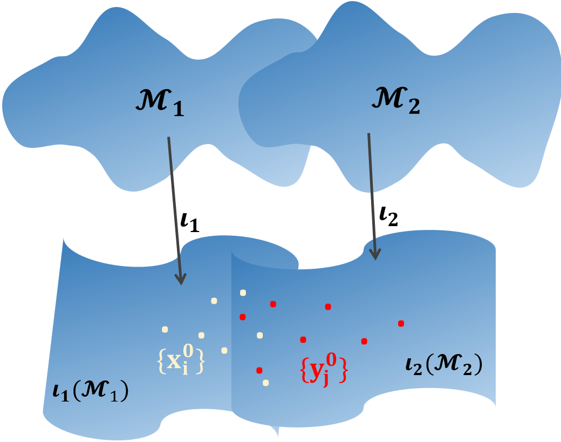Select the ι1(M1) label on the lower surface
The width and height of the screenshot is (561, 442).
pos(87,390)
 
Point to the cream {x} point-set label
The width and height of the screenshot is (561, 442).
pos(181,361)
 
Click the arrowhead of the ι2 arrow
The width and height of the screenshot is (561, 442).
pos(377,254)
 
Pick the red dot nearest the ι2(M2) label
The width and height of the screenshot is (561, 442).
pos(401,323)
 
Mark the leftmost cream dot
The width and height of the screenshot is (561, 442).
pos(165,329)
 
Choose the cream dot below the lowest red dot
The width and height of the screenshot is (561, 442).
pos(265,383)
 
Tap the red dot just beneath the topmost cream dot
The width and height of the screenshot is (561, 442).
pos(243,316)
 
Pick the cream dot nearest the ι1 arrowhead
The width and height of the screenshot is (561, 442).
pos(214,301)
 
